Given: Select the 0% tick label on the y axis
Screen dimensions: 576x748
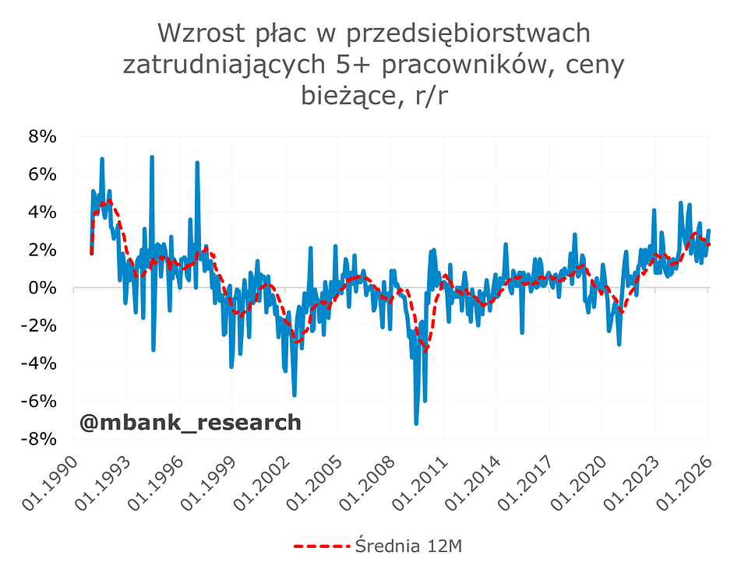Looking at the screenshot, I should [43, 288].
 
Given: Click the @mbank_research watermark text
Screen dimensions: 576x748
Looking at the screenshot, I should [190, 422].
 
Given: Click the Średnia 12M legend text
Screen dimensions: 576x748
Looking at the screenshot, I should [408, 546].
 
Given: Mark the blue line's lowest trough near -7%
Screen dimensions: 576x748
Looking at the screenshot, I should [416, 423].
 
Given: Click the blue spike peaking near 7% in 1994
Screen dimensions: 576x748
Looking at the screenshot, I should [152, 157].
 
